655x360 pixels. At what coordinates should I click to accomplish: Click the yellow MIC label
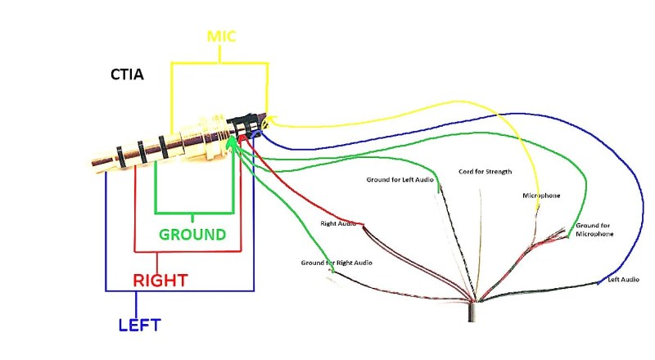(x=221, y=36)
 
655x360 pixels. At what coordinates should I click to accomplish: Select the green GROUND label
(x=192, y=234)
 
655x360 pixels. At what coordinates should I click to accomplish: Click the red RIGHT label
(x=160, y=280)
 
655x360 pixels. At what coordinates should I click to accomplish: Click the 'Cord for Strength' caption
(x=485, y=172)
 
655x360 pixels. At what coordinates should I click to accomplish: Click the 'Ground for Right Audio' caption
(x=337, y=263)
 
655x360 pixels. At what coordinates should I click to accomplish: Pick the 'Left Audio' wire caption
(x=623, y=280)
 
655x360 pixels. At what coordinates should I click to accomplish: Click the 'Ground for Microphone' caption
(x=594, y=230)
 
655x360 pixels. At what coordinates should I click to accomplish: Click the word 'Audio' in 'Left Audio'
(x=630, y=280)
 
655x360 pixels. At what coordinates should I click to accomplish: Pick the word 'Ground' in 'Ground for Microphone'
(x=586, y=225)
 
